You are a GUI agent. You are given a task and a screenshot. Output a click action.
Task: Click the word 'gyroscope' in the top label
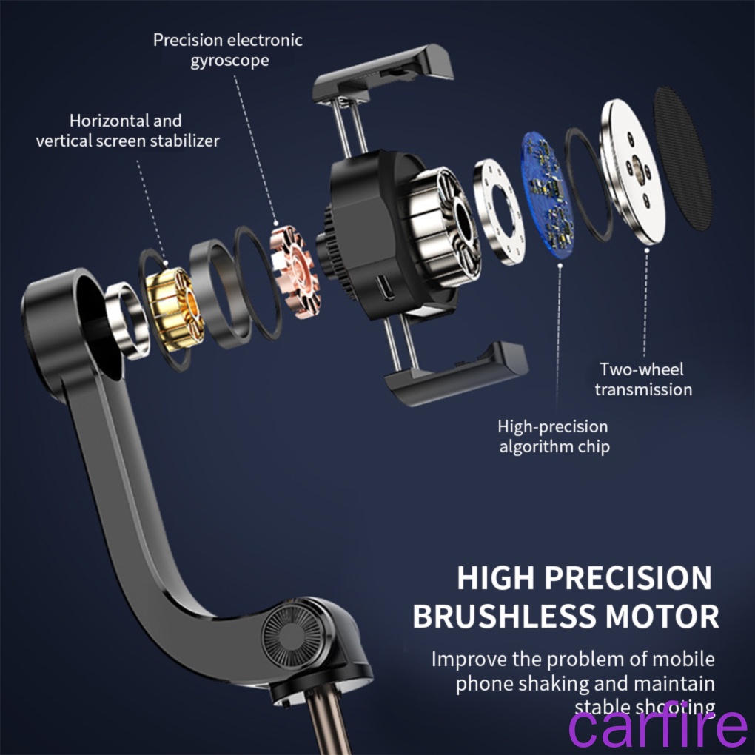229,61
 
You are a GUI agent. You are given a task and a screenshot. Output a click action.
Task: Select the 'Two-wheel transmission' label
642,379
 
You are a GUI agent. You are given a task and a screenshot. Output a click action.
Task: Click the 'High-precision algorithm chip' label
554,436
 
